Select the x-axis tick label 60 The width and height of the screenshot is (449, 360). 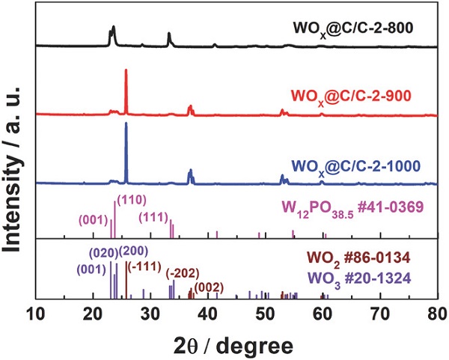coord(323,314)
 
